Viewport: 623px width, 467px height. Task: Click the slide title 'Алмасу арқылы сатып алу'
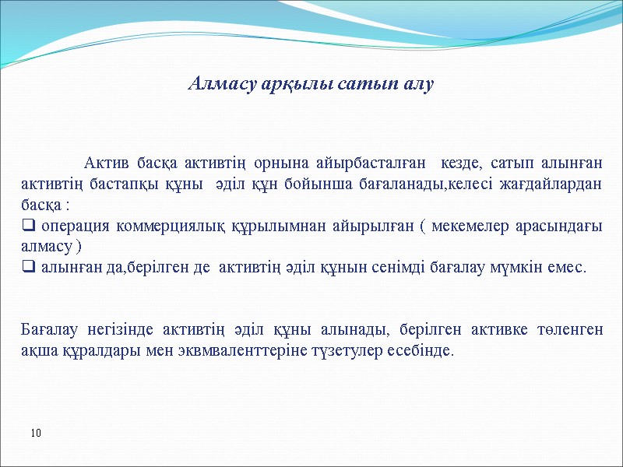click(x=311, y=83)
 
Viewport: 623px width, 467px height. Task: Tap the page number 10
click(x=36, y=432)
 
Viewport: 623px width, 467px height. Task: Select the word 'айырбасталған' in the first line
click(x=372, y=164)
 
